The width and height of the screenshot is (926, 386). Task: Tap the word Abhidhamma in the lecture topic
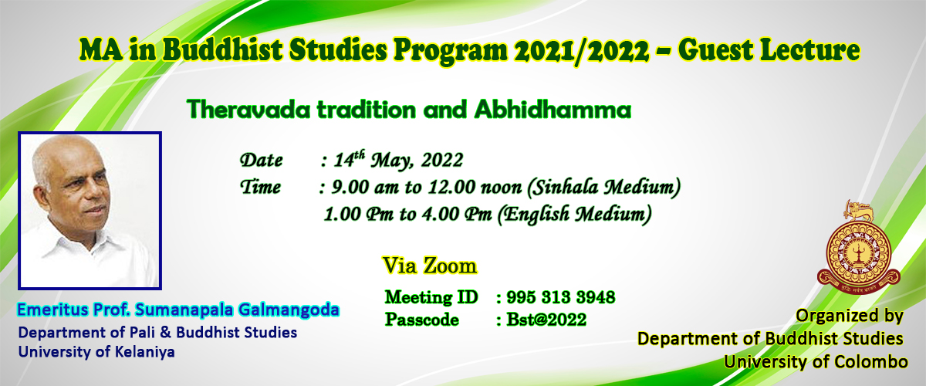point(553,110)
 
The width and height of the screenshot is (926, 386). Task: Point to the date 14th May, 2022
point(398,160)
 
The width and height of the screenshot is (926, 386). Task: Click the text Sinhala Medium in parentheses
point(603,187)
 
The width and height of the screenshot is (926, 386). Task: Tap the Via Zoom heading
point(430,266)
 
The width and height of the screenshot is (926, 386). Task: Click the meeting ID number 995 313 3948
point(561,297)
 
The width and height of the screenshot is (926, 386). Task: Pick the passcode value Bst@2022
point(546,320)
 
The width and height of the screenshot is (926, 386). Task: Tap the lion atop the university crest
point(859,211)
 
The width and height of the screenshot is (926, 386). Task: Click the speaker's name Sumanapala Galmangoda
point(238,310)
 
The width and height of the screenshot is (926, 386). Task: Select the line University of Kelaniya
point(96,352)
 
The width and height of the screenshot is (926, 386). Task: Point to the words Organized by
point(850,316)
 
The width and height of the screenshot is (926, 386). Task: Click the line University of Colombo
point(816,361)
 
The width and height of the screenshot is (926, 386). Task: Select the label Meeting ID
point(431,297)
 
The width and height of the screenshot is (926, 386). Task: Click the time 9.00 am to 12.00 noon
point(427,187)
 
